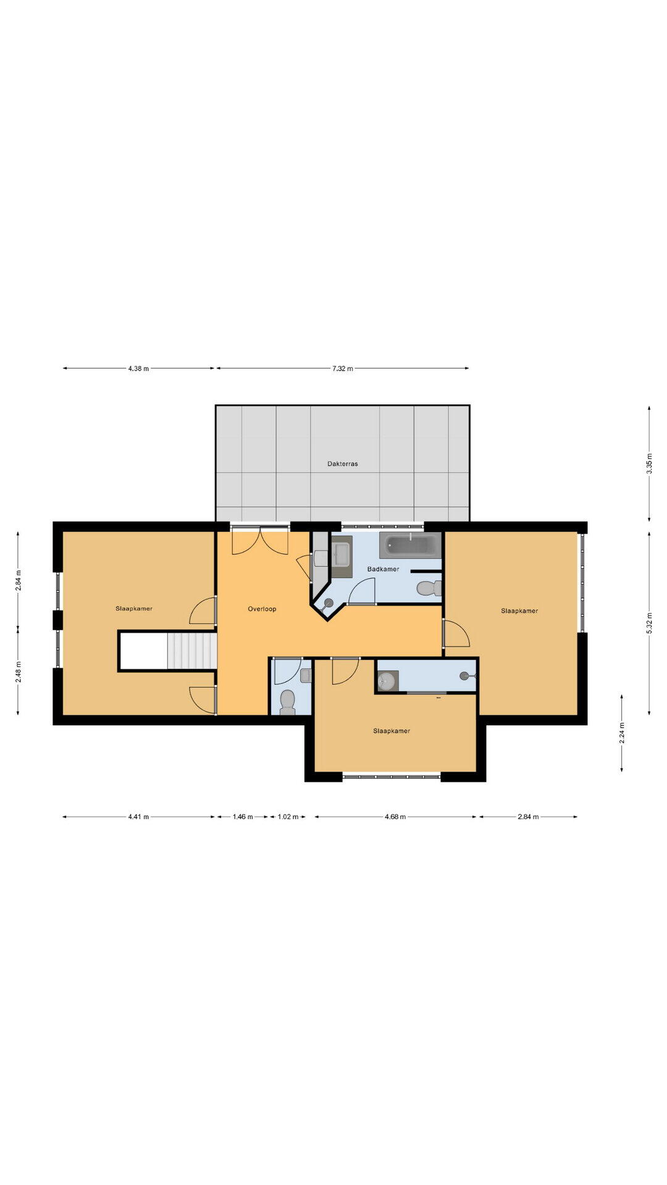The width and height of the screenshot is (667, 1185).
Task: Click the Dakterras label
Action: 342,464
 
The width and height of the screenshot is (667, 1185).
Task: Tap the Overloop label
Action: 262,609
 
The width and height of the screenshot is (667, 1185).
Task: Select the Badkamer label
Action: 383,569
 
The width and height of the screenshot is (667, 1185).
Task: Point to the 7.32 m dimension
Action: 342,368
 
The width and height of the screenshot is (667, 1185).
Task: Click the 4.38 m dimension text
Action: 138,368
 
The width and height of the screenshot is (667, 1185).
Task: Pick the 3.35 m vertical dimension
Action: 649,464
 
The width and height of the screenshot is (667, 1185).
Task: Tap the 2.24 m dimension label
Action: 622,733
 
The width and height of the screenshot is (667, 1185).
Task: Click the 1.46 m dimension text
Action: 242,817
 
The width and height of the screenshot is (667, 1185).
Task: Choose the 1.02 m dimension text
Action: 288,817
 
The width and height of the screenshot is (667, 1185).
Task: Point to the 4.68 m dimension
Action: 395,817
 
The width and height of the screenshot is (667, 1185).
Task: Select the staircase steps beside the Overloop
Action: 191,650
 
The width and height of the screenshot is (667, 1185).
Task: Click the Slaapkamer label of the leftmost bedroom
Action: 133,609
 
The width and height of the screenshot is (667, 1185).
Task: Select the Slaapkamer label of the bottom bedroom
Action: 391,731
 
